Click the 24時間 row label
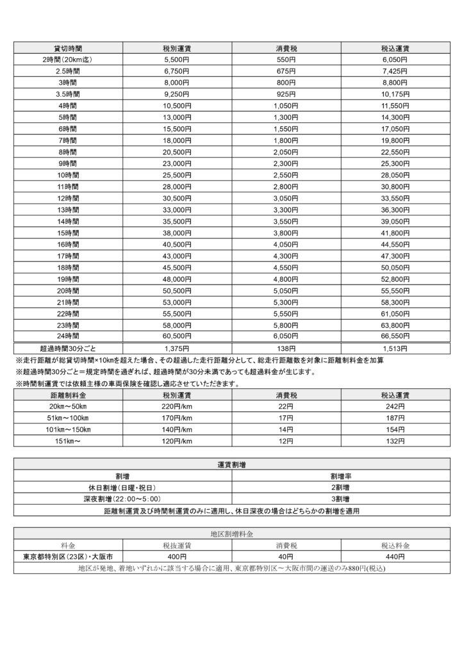click(x=67, y=335)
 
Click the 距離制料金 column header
click(x=67, y=395)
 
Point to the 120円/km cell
click(x=177, y=441)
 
